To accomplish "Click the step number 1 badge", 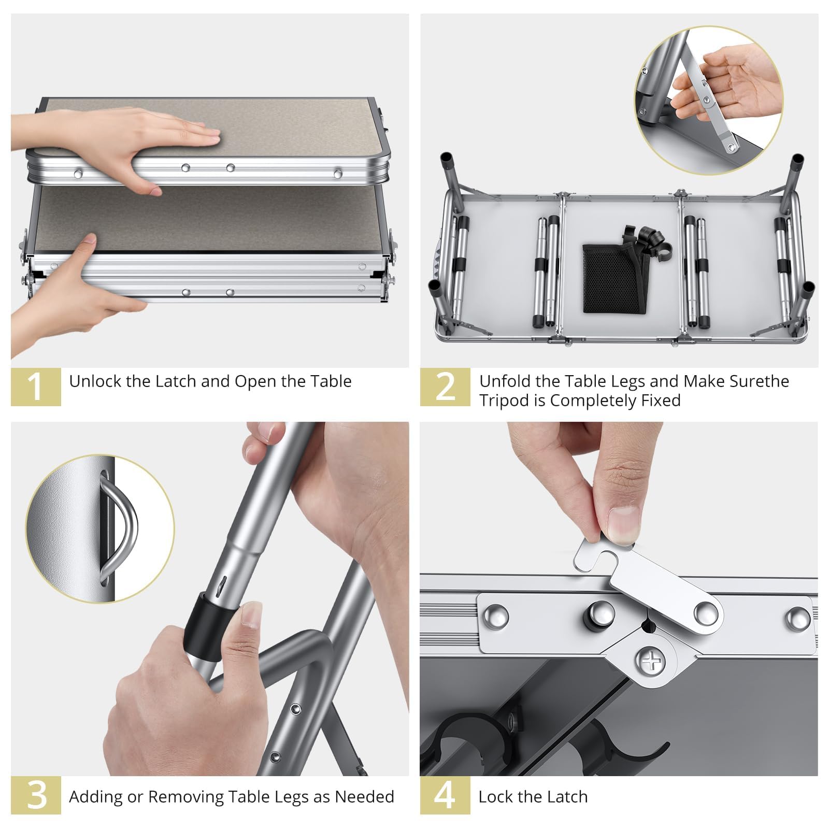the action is (x=36, y=387).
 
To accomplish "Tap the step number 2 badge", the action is (x=445, y=387).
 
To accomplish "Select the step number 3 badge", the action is (x=36, y=795).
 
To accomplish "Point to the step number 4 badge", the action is (x=445, y=795).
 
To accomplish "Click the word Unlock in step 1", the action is (x=95, y=381).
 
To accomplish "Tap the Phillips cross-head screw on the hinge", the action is (x=651, y=662).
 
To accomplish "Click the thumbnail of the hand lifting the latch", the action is (x=709, y=99).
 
